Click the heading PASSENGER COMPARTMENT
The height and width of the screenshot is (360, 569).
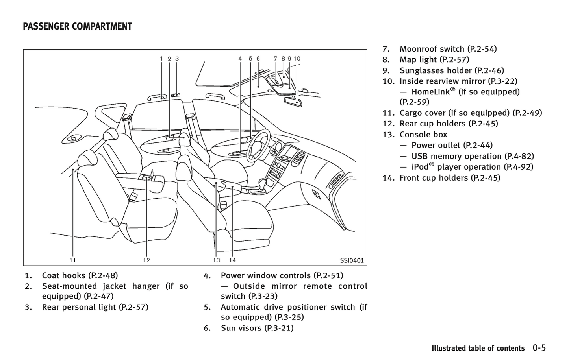pyautogui.click(x=78, y=27)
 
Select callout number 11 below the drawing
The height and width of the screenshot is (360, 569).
pyautogui.click(x=73, y=260)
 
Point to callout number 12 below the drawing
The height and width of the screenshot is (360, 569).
pyautogui.click(x=146, y=260)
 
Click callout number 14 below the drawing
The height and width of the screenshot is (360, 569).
pyautogui.click(x=232, y=260)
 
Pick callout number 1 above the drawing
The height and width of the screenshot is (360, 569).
pyautogui.click(x=161, y=59)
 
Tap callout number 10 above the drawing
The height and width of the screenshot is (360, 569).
pyautogui.click(x=297, y=59)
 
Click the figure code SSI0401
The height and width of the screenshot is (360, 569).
pyautogui.click(x=352, y=260)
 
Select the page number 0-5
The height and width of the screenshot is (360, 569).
pyautogui.click(x=539, y=348)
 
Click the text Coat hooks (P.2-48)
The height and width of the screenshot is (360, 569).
pyautogui.click(x=80, y=275)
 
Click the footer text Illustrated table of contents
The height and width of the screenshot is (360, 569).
pyautogui.click(x=478, y=348)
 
